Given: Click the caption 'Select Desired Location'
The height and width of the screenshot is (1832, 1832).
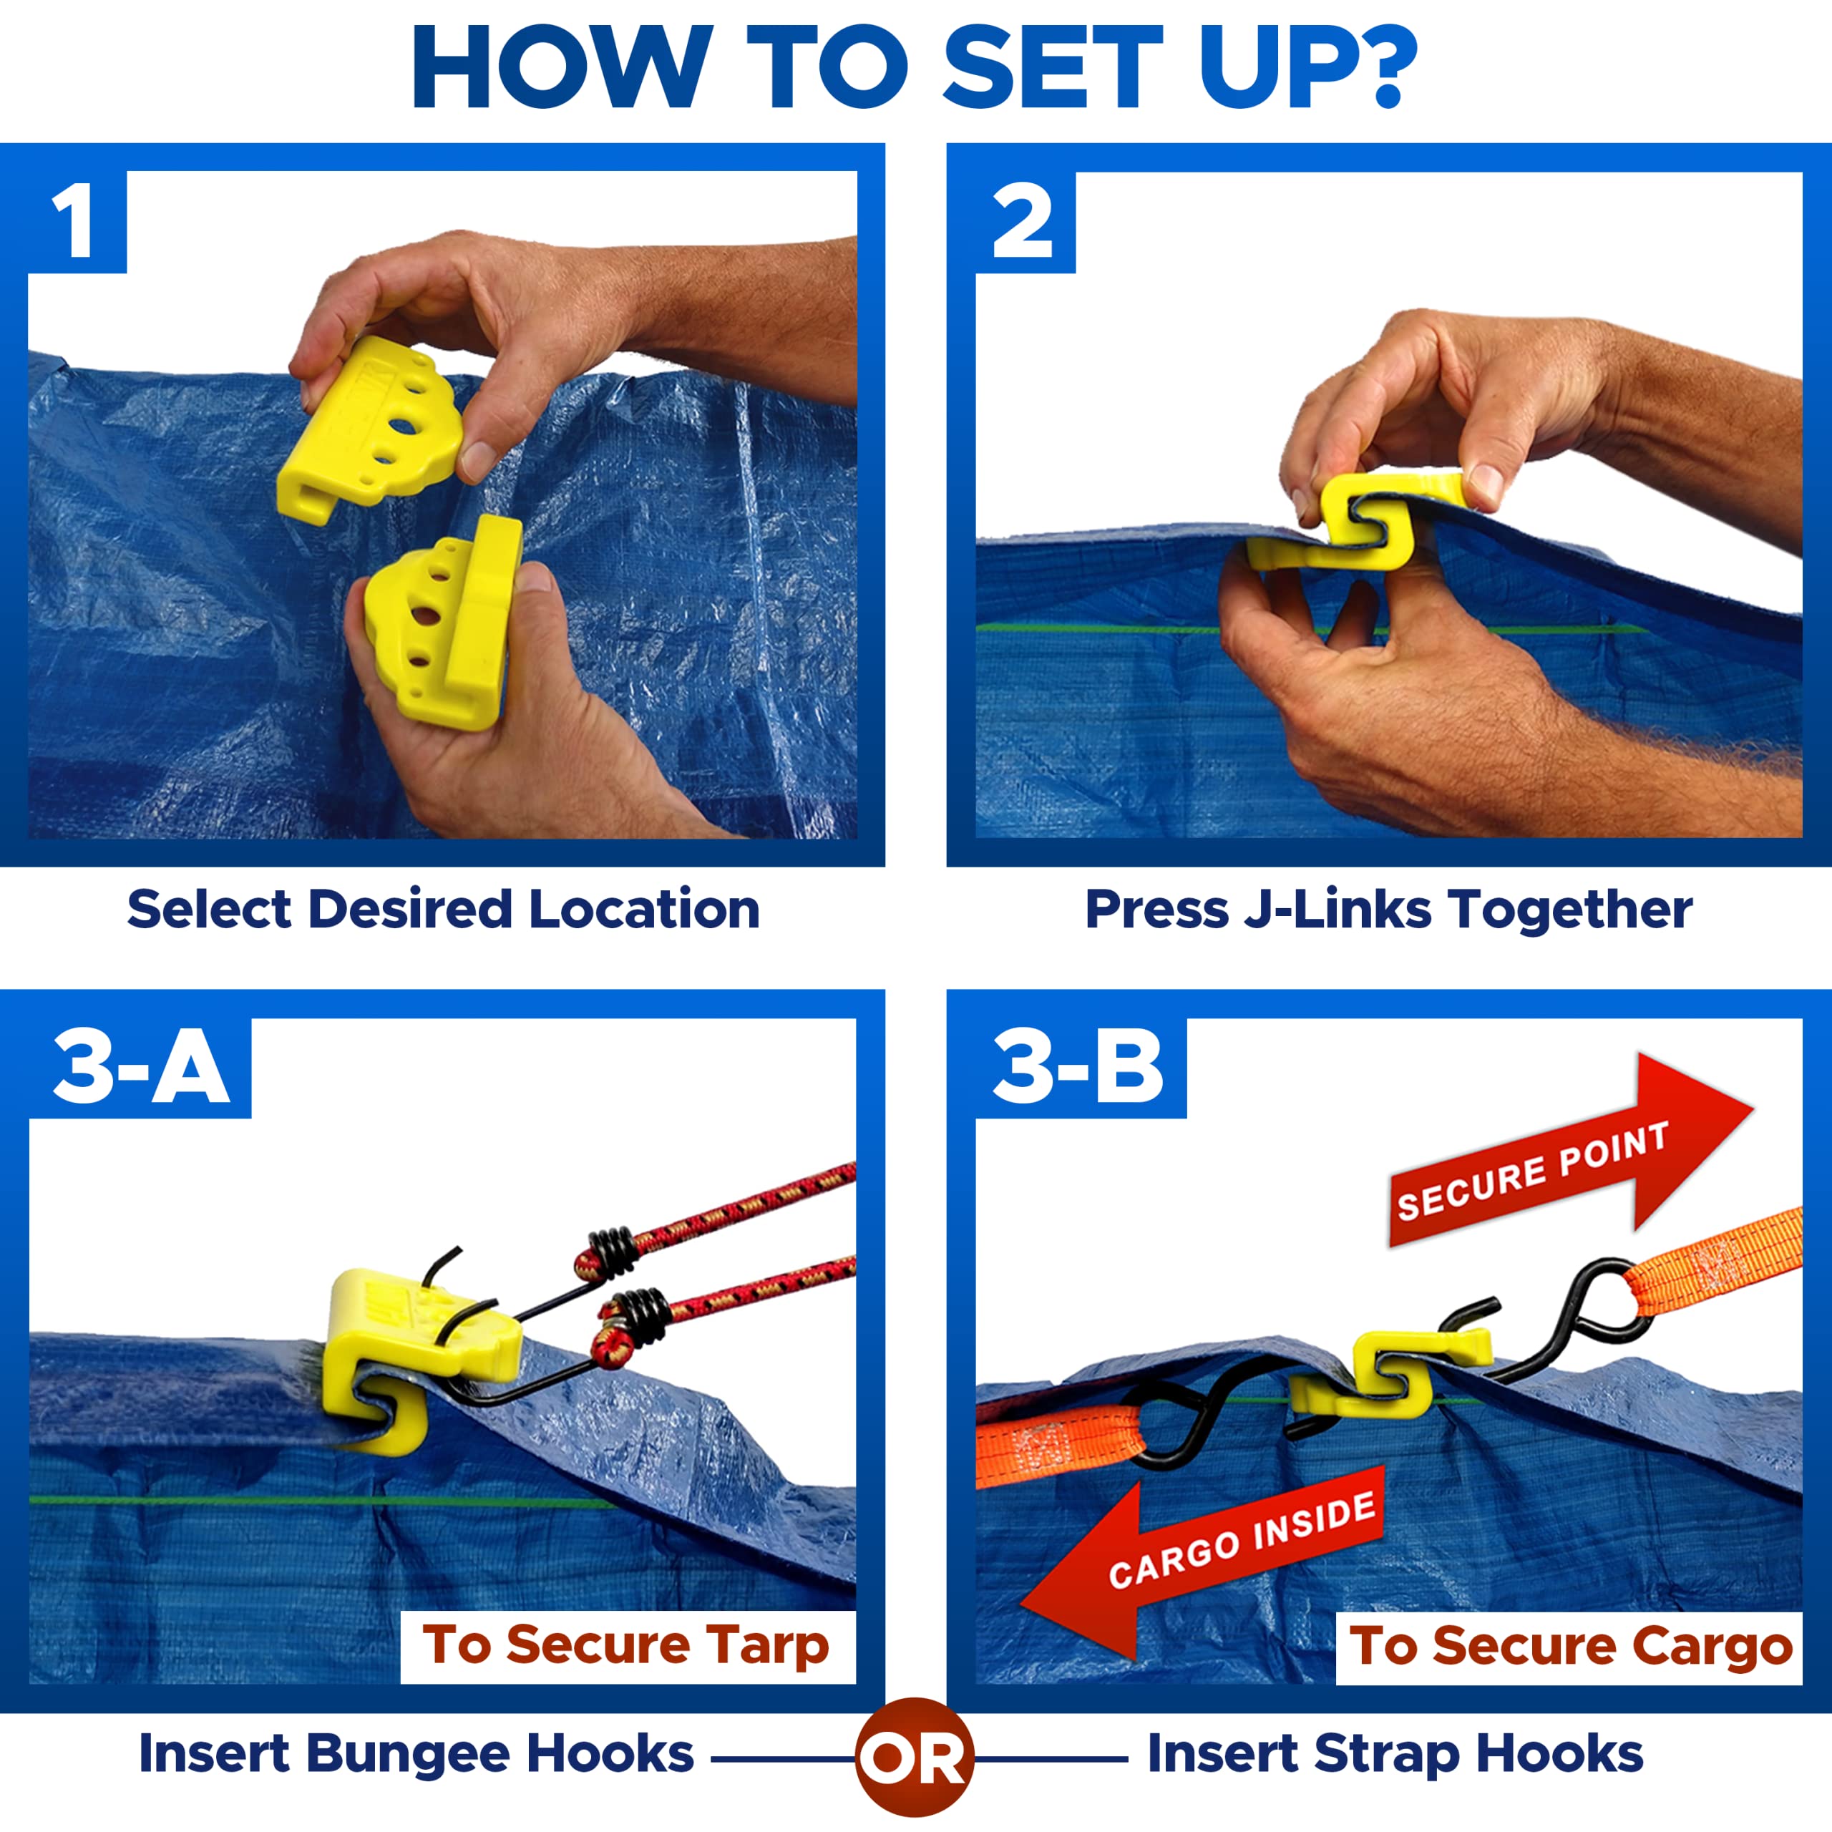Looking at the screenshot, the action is pos(444,910).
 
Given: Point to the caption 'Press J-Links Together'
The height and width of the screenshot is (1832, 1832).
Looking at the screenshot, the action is pos(1388,910).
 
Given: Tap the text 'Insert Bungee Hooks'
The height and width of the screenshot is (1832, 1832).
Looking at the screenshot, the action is pos(416,1753).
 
